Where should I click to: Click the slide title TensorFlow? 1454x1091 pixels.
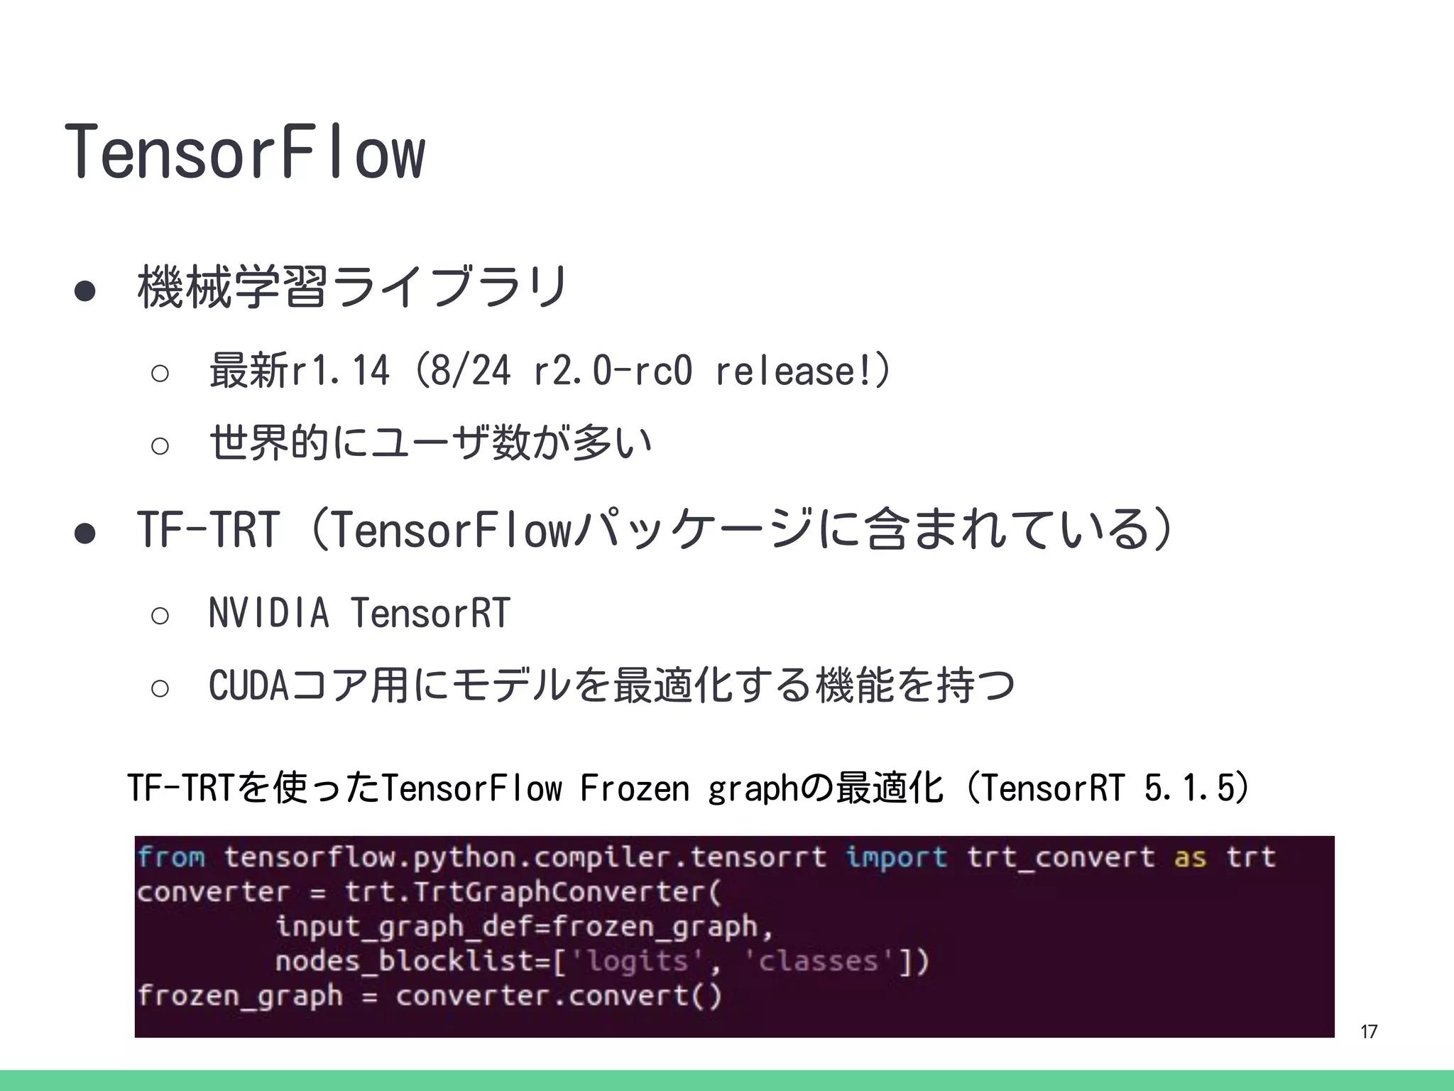pyautogui.click(x=245, y=151)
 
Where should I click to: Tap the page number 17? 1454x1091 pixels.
pyautogui.click(x=1369, y=1031)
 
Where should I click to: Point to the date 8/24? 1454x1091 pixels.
pyautogui.click(x=470, y=371)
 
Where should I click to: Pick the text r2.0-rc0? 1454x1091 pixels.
pyautogui.click(x=611, y=371)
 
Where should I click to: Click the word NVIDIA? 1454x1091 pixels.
pyautogui.click(x=268, y=613)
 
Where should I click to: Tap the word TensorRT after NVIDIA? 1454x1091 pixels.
pyautogui.click(x=430, y=613)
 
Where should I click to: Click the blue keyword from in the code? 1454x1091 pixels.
pyautogui.click(x=171, y=857)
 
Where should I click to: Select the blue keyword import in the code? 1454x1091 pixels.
pyautogui.click(x=896, y=857)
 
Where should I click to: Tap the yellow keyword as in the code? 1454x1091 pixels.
pyautogui.click(x=1191, y=857)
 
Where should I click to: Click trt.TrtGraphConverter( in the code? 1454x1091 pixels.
pyautogui.click(x=532, y=892)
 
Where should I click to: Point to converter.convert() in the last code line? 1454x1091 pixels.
pyautogui.click(x=558, y=995)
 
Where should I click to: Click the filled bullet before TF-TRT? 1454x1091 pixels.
pyautogui.click(x=84, y=533)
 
